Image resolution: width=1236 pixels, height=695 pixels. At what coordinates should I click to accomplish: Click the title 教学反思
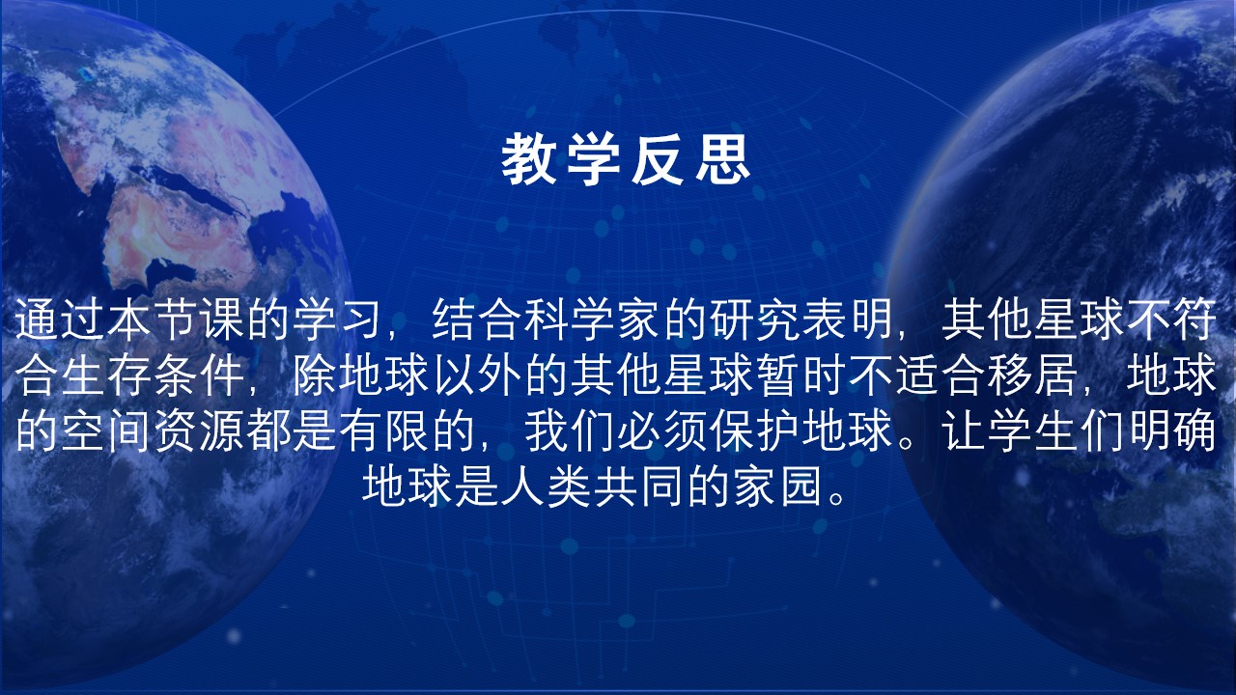pyautogui.click(x=626, y=159)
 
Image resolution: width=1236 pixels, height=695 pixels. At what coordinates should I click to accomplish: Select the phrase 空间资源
pyautogui.click(x=154, y=431)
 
